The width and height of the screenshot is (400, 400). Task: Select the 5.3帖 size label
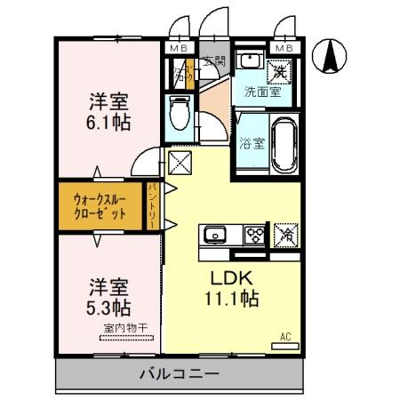109,308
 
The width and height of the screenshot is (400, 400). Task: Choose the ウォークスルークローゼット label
99,207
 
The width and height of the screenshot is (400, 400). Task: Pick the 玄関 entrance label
213,61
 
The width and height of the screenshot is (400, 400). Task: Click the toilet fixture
179,113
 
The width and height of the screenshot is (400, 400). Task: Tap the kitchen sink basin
213,235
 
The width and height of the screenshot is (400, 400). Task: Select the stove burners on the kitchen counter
255,235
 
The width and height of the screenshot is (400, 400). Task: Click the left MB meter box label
179,47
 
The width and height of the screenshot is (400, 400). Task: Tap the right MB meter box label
285,47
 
